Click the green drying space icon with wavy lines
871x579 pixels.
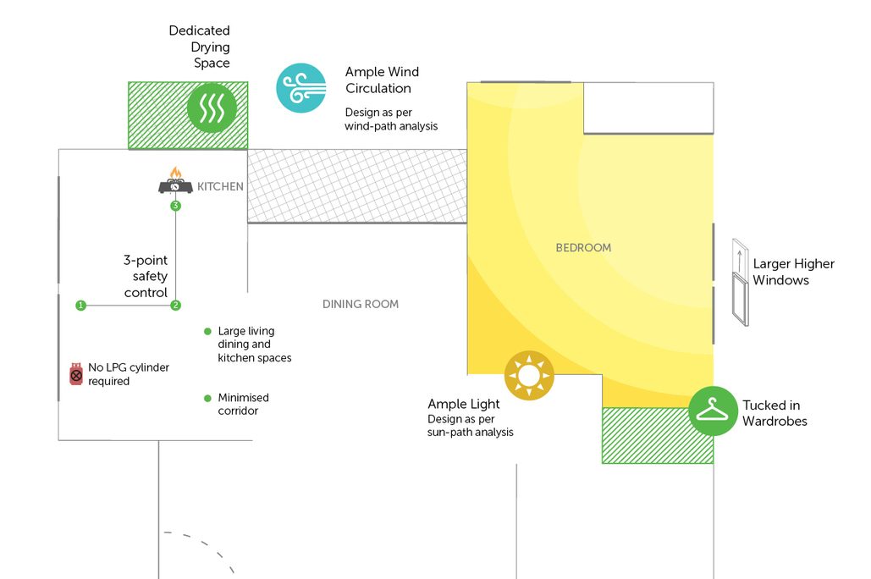tap(211, 108)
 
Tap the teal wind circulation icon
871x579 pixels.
tap(301, 87)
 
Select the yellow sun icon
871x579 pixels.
tap(529, 376)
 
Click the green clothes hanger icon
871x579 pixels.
tap(713, 411)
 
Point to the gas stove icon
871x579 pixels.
tap(175, 181)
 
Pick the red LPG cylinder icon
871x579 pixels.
tap(76, 373)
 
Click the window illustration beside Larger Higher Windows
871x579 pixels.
tap(741, 282)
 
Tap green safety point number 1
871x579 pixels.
tap(80, 305)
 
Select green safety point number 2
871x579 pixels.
tap(176, 305)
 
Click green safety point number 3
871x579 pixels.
tap(175, 206)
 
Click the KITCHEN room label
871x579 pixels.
tap(220, 186)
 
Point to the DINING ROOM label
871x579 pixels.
tap(361, 304)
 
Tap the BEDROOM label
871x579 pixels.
tap(583, 248)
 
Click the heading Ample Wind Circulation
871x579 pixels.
tap(382, 80)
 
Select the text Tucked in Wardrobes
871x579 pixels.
tap(775, 413)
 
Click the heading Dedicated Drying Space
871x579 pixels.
tap(200, 47)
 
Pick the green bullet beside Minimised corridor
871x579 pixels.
tap(207, 398)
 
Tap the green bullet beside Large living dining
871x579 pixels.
tap(207, 331)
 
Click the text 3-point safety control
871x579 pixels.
tap(146, 276)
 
